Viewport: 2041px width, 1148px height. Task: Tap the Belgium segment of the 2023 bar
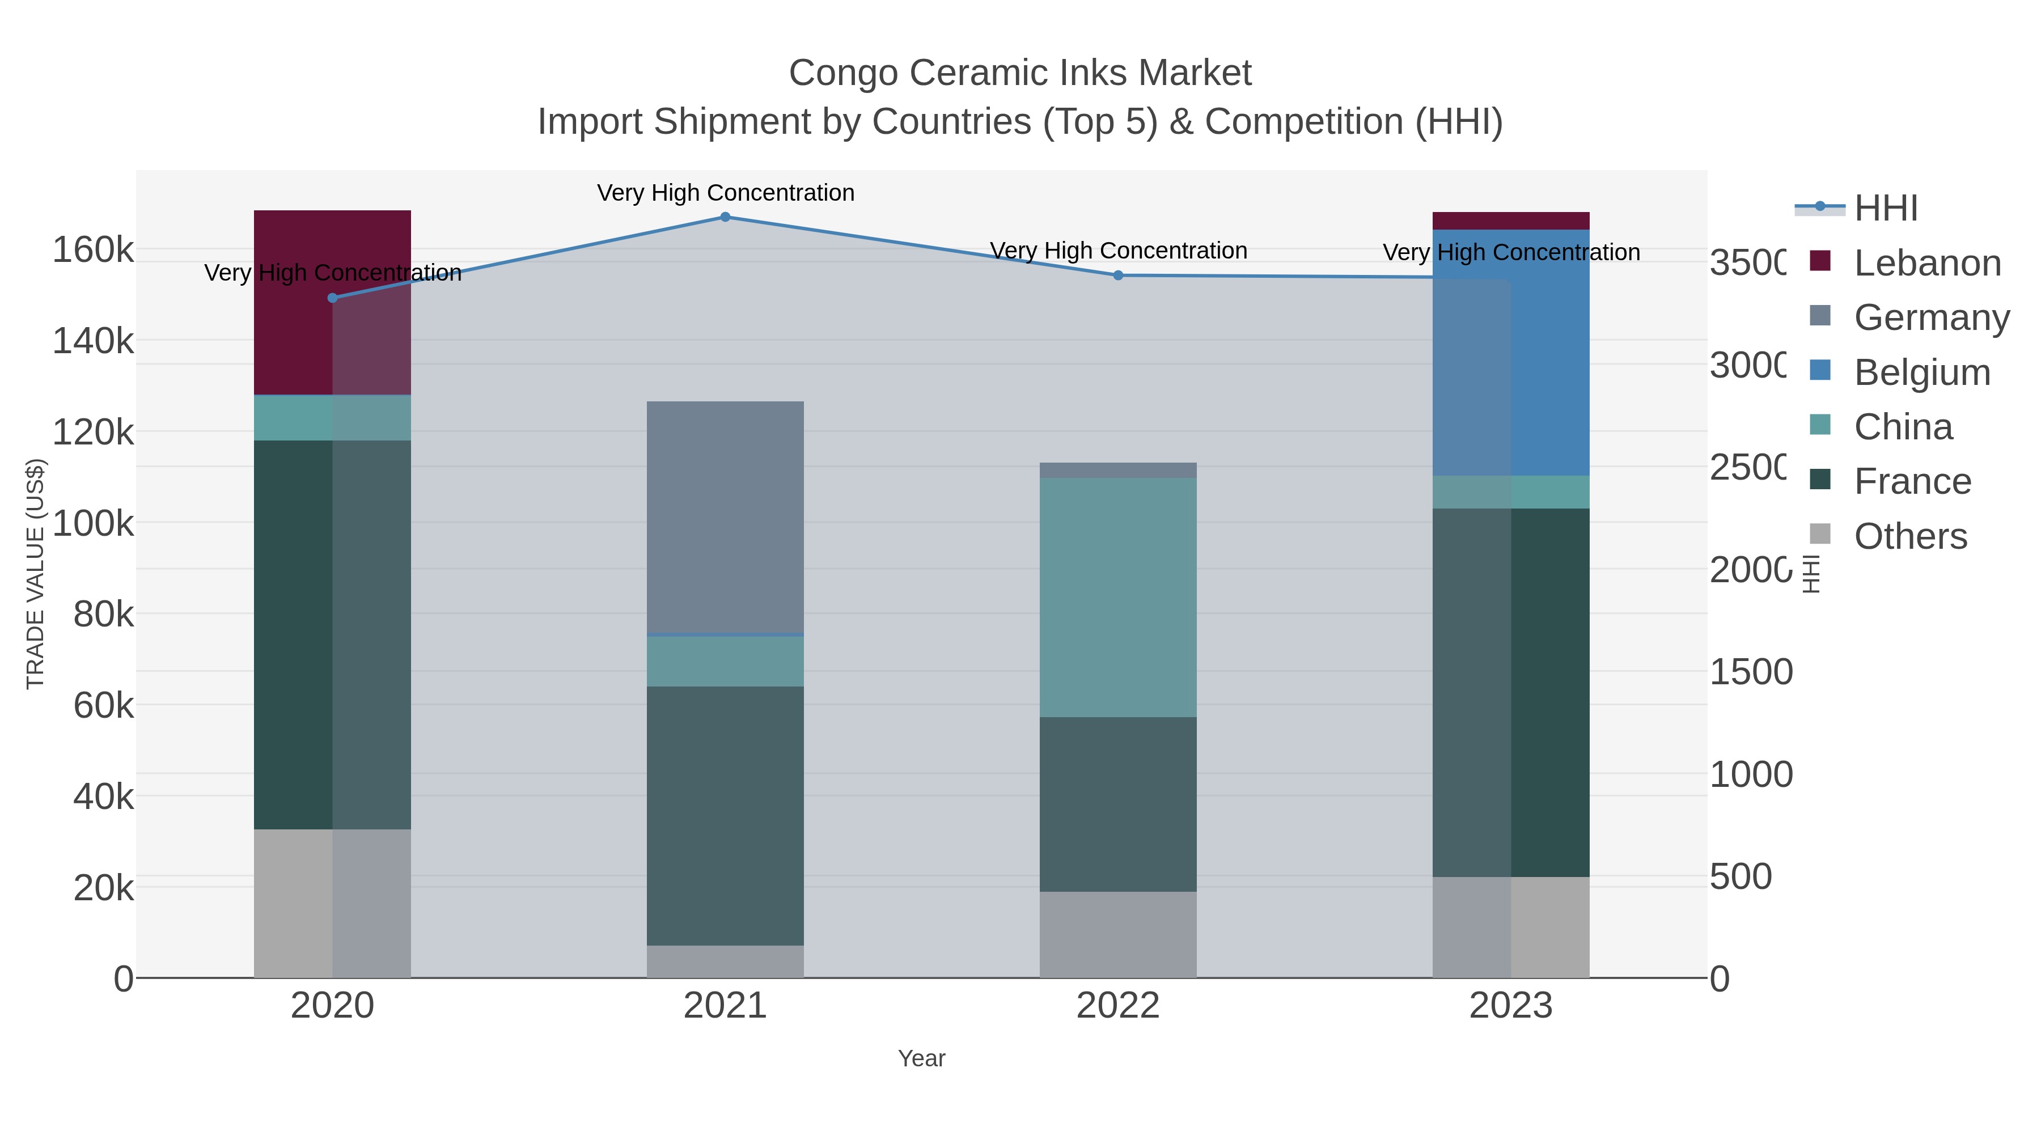click(1511, 353)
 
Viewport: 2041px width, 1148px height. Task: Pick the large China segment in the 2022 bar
click(1118, 598)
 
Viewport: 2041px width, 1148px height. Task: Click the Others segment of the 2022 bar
click(1118, 934)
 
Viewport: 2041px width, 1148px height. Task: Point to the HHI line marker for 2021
click(725, 217)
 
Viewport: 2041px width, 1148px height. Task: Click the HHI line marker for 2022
click(1118, 276)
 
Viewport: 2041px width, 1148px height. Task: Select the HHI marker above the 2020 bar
click(333, 298)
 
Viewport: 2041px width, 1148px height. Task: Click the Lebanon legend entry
click(1927, 263)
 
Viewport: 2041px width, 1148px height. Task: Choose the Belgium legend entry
click(1921, 372)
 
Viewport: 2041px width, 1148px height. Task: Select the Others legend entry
click(1909, 536)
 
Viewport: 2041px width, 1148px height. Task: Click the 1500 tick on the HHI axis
click(1750, 672)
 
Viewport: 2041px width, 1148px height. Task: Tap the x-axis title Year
click(921, 1058)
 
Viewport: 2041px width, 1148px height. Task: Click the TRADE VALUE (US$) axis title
click(36, 574)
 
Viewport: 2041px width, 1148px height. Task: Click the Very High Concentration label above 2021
click(725, 193)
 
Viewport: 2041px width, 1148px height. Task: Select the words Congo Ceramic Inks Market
click(1020, 73)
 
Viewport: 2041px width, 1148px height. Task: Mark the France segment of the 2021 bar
click(725, 815)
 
